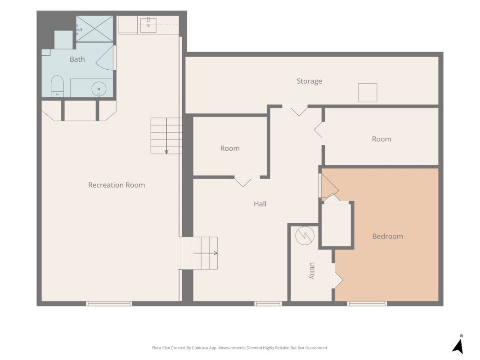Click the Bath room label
click(77, 59)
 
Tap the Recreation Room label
click(117, 185)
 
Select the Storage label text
click(309, 81)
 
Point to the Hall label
click(260, 204)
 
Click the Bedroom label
click(387, 236)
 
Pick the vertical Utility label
click(312, 270)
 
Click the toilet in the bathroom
click(57, 85)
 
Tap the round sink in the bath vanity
click(99, 89)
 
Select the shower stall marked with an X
click(94, 29)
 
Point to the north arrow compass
click(458, 344)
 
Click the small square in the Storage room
click(368, 92)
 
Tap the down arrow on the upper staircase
click(166, 136)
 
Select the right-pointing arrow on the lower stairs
click(205, 253)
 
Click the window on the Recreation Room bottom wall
click(109, 304)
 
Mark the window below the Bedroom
click(367, 304)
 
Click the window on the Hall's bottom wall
click(268, 304)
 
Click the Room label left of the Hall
click(230, 148)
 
